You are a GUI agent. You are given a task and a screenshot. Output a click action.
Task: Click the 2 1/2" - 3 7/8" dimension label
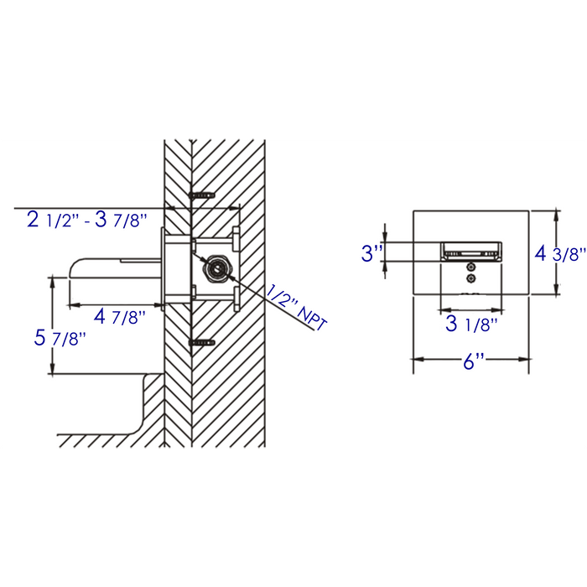pyautogui.click(x=87, y=221)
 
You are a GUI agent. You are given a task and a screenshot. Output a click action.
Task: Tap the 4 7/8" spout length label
pyautogui.click(x=119, y=317)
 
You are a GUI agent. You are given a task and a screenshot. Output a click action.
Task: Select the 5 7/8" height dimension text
pyautogui.click(x=60, y=338)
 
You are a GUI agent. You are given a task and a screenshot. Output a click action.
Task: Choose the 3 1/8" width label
pyautogui.click(x=472, y=323)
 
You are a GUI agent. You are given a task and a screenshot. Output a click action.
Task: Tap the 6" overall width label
pyautogui.click(x=474, y=363)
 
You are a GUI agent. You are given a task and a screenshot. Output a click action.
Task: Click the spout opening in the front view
pyautogui.click(x=471, y=250)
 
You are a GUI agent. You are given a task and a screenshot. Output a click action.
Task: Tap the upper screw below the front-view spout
pyautogui.click(x=471, y=267)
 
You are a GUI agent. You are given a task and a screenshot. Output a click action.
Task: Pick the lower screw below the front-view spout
pyautogui.click(x=471, y=278)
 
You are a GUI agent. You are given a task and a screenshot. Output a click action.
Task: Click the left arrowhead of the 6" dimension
pyautogui.click(x=416, y=360)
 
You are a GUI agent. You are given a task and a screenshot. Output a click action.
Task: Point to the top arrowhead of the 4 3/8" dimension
pyautogui.click(x=557, y=215)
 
